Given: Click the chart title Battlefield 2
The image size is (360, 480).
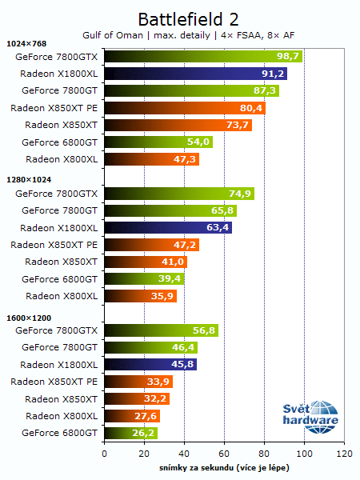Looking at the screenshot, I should click(188, 18).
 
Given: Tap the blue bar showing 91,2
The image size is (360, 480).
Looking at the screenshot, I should click(195, 74).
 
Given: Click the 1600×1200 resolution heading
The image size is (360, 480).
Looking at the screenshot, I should click(28, 318).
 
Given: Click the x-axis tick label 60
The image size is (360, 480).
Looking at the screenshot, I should click(224, 453).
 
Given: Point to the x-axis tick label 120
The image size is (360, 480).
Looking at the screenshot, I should click(344, 453).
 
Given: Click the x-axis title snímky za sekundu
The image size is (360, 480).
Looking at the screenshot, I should click(223, 467).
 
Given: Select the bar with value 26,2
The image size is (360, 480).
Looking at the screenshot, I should click(130, 433).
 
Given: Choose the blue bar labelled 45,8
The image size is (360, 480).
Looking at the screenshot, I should click(150, 364).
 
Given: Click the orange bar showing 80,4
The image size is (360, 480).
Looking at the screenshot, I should click(184, 108).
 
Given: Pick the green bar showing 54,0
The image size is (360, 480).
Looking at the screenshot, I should click(158, 142).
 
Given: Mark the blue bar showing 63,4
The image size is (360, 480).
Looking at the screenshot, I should click(167, 228).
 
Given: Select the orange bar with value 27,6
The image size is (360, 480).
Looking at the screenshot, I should click(132, 416).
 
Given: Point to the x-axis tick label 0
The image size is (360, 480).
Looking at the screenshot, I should click(104, 453).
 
